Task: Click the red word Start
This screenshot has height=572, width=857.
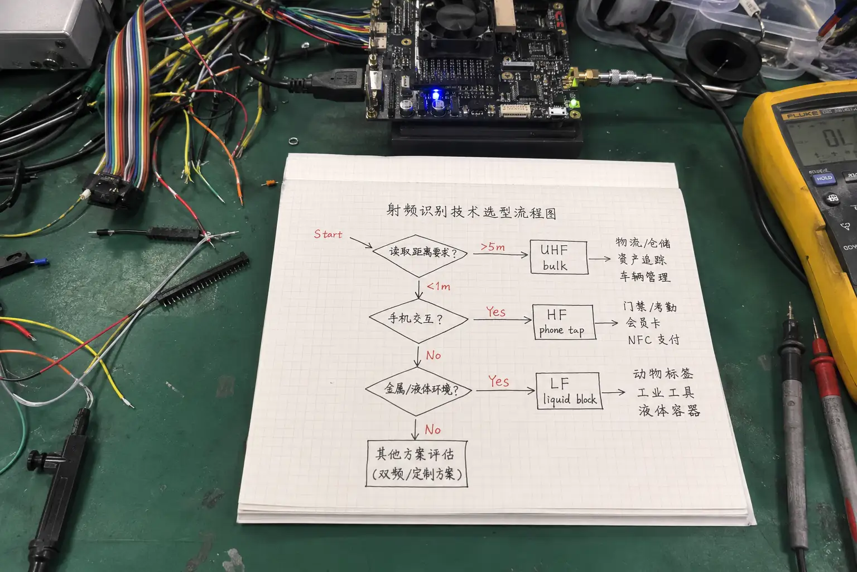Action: point(328,234)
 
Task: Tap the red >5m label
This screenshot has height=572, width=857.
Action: point(493,247)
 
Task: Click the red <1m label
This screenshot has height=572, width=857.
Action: point(439,286)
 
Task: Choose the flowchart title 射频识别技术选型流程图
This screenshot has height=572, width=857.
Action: point(471,212)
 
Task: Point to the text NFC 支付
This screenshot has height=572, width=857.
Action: point(653,340)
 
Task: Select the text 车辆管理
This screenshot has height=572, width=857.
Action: point(645,277)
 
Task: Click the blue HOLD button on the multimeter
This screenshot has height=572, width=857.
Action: point(824,179)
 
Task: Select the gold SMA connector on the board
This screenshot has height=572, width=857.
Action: point(585,78)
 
